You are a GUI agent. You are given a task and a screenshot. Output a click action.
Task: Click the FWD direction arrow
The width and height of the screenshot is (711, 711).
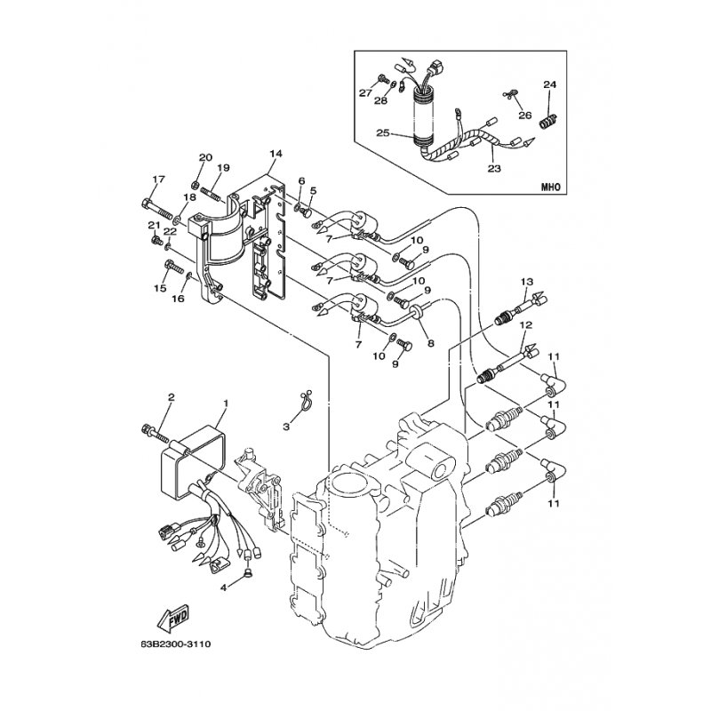pos(172,619)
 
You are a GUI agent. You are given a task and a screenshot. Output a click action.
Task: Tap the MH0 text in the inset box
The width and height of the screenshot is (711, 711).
pos(551,187)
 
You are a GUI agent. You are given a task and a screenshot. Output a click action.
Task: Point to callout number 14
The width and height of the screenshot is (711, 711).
pos(276,154)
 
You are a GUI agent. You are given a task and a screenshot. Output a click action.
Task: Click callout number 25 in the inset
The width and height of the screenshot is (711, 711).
pos(383,132)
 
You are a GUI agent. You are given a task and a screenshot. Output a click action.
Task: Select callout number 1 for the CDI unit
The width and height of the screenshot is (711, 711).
pos(226,403)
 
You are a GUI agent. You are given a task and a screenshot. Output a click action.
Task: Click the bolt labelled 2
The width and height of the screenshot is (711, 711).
pos(155,433)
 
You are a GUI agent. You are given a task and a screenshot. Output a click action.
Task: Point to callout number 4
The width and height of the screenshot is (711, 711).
pos(223,587)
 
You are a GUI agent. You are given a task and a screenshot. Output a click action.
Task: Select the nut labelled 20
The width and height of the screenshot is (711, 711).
pos(196,185)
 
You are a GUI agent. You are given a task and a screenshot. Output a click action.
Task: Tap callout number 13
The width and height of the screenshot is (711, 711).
pos(527,282)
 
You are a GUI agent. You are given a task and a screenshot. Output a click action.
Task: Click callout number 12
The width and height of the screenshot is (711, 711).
pos(526,325)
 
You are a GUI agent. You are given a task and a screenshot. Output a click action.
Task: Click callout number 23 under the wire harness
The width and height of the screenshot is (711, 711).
pos(494,169)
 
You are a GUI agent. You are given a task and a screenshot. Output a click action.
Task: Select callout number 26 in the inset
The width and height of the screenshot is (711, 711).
pos(524,116)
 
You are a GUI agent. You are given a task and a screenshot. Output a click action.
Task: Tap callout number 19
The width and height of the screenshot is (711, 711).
pos(223,168)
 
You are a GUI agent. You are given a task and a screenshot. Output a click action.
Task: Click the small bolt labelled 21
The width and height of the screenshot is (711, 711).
pos(156,238)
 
